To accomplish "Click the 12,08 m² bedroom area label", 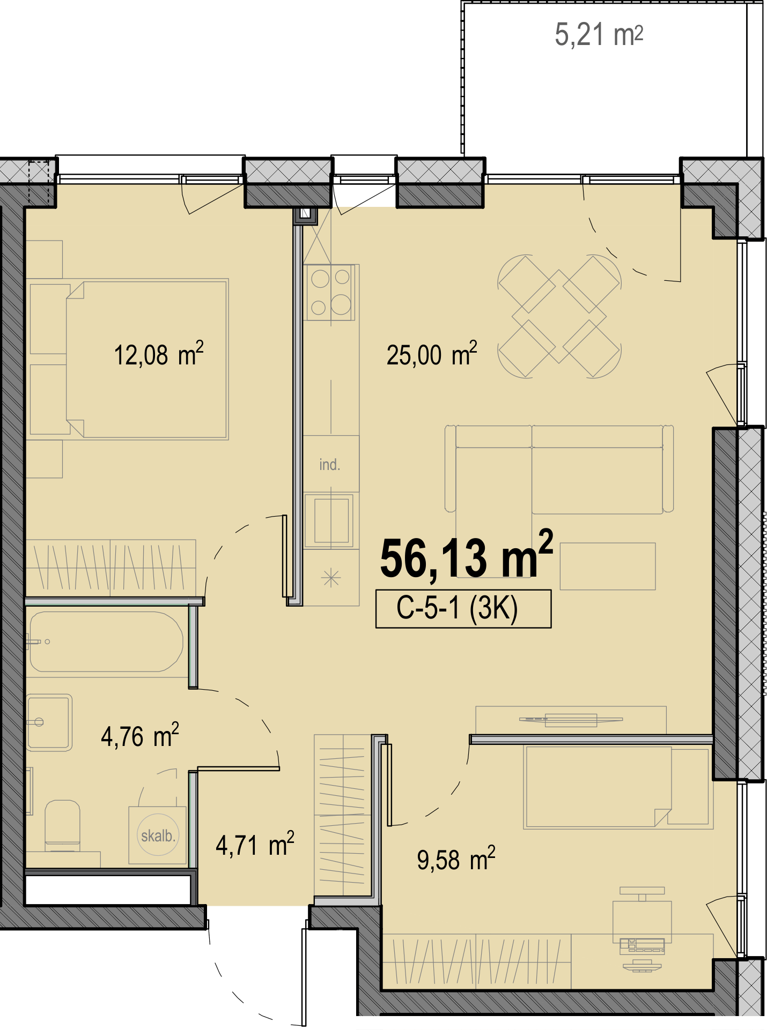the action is [159, 354].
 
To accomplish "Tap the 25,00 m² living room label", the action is [432, 354].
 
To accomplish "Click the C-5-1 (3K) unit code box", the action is [463, 608].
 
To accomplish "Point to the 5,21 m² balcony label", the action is [599, 35].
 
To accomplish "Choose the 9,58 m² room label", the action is [456, 859].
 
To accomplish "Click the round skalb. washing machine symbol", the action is [158, 835].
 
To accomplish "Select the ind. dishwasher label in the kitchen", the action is [329, 465].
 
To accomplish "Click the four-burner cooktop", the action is [331, 292].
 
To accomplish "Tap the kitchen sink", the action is [331, 520].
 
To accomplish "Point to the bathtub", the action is [106, 641].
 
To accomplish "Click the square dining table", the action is [559, 317].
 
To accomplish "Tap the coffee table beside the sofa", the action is [608, 566].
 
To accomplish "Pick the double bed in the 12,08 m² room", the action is [146, 359].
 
